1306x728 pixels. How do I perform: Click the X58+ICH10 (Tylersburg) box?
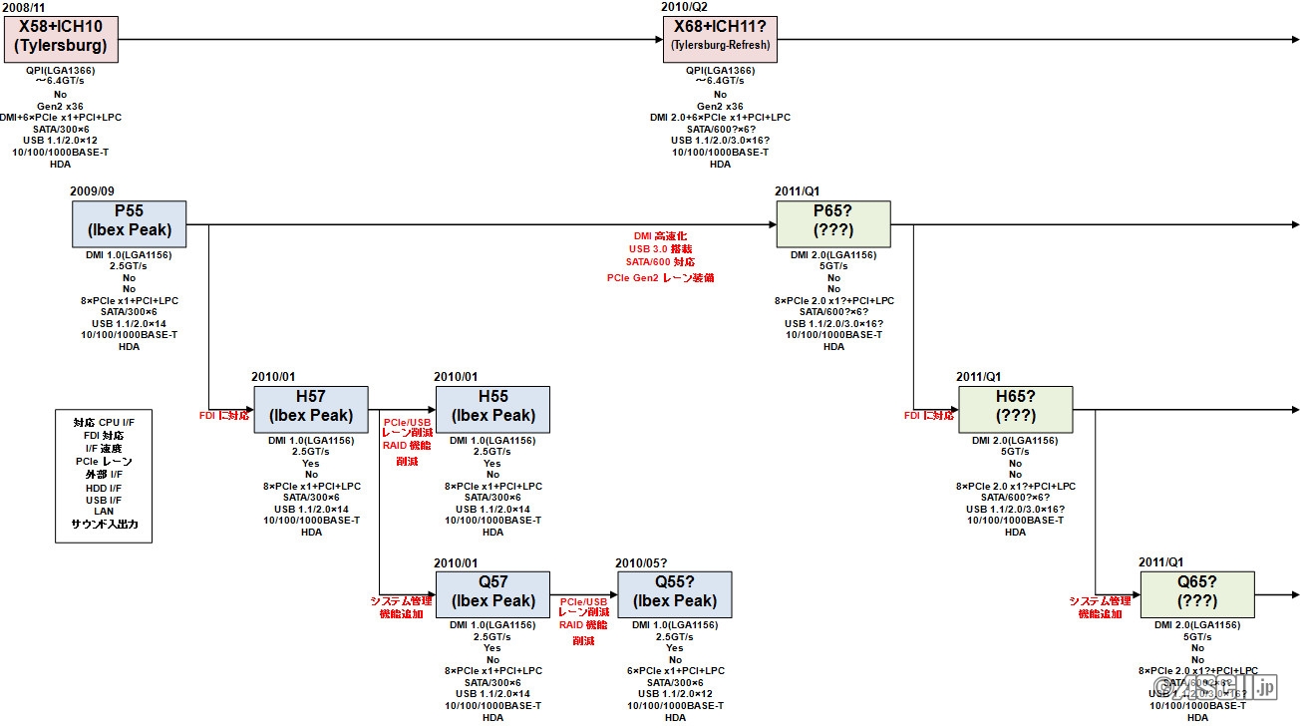[x=60, y=38]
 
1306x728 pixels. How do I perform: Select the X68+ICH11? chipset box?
[x=719, y=38]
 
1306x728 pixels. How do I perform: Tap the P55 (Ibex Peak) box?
[x=129, y=223]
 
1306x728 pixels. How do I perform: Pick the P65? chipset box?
[x=832, y=223]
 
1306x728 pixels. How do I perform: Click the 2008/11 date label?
[x=23, y=7]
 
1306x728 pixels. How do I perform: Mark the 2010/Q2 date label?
[x=685, y=7]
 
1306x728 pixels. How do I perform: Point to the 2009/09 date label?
[x=93, y=191]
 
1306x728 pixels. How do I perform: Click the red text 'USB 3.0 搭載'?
[x=660, y=248]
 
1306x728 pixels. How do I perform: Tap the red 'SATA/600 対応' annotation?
[x=660, y=262]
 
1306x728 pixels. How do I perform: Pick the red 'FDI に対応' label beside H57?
[x=225, y=415]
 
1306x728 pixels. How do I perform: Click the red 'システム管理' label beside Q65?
[x=1100, y=600]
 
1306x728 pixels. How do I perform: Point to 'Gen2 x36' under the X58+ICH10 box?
[x=60, y=106]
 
